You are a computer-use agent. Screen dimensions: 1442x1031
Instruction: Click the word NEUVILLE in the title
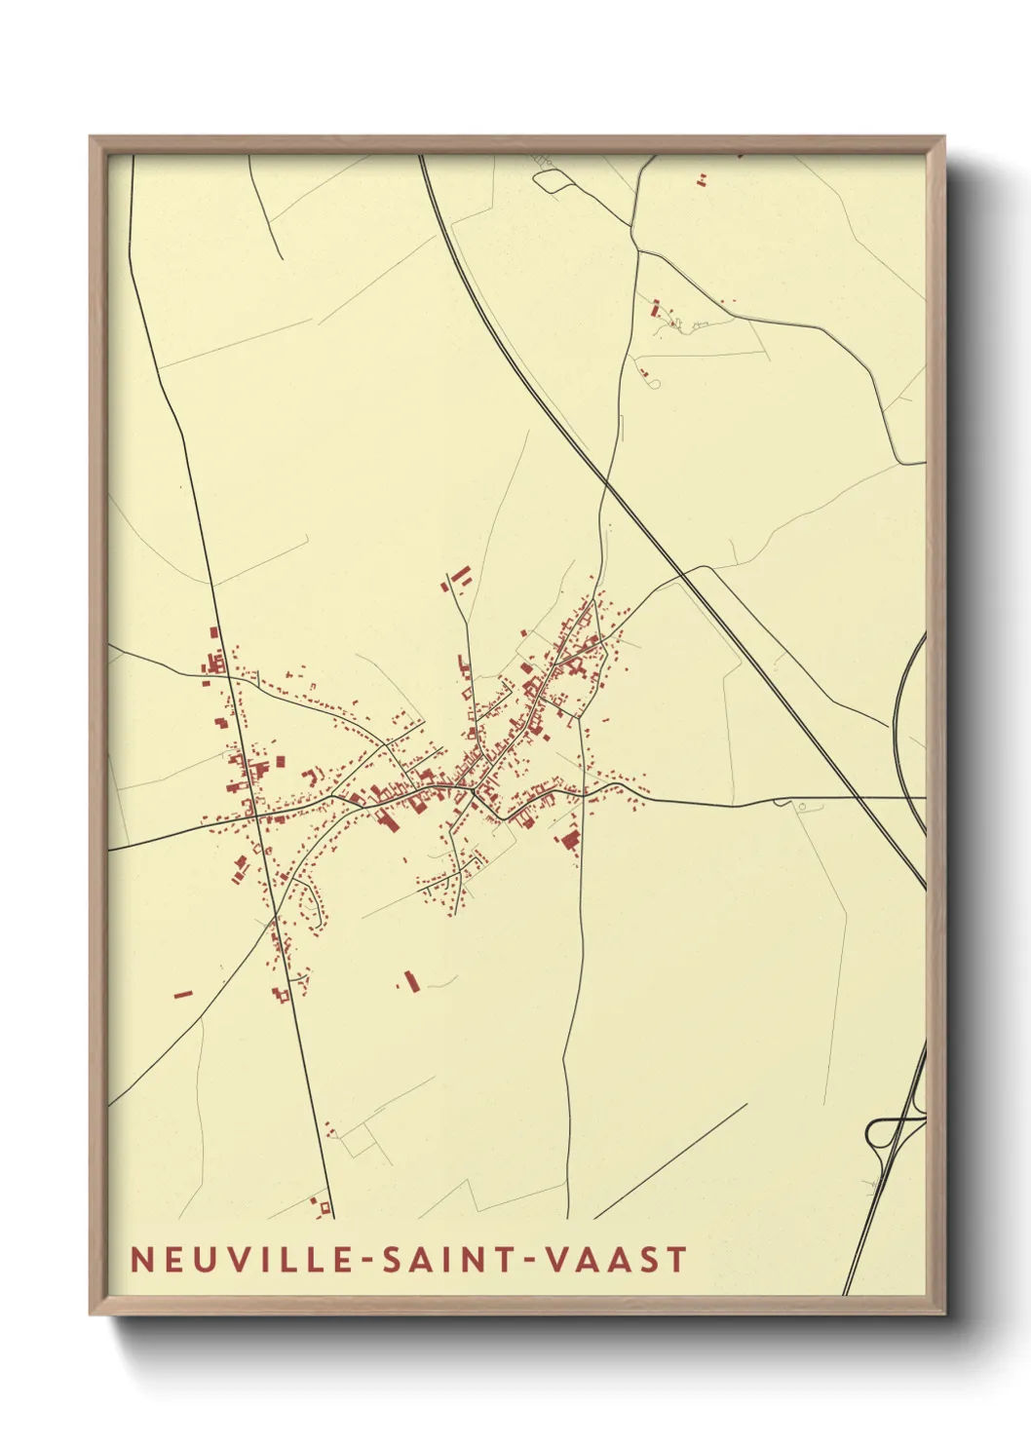(242, 1259)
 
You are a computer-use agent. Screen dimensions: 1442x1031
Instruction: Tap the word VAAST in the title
(616, 1259)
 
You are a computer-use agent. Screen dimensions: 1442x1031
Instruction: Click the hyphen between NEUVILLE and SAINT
(367, 1261)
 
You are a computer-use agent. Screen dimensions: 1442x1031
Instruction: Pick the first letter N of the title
(142, 1259)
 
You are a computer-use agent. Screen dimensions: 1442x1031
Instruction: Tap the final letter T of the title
(677, 1259)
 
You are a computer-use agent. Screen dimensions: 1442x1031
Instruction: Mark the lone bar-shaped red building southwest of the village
(182, 995)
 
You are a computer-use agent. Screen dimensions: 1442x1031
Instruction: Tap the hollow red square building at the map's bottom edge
(319, 1206)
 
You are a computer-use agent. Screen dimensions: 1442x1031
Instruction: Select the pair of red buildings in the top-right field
(701, 179)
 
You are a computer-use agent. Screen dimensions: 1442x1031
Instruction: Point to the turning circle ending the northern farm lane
(656, 384)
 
